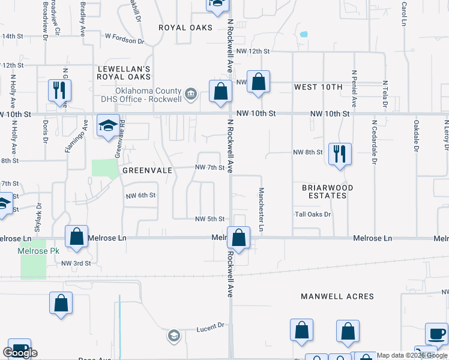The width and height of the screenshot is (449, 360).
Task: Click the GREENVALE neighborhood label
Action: tap(148, 170)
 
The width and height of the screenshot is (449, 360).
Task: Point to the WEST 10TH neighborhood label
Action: tap(318, 87)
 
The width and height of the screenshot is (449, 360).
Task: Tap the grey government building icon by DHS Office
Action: tap(191, 93)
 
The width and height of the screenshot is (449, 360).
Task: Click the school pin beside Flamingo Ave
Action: tap(109, 125)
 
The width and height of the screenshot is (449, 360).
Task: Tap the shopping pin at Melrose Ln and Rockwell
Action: tap(239, 238)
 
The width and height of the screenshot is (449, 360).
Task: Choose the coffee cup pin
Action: tap(437, 334)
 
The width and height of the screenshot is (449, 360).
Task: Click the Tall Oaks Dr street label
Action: tap(312, 214)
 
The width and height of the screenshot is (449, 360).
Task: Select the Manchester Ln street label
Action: tap(261, 209)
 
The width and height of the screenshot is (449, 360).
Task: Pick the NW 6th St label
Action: tap(140, 196)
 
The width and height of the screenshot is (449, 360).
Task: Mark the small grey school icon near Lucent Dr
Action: tap(173, 335)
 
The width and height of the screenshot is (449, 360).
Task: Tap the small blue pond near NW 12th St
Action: tap(304, 34)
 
